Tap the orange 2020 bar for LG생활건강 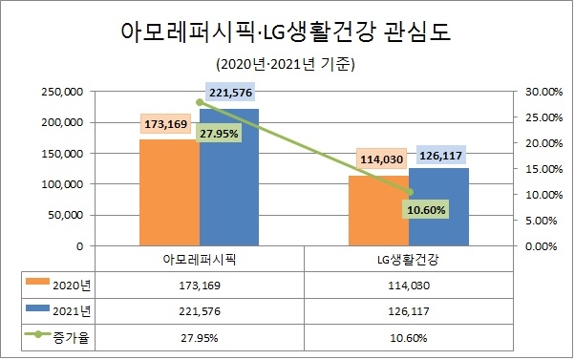pos(378,210)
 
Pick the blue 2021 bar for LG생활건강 pos(438,206)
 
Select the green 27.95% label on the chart pos(221,134)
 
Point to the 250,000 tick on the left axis pos(62,92)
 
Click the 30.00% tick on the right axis pos(540,92)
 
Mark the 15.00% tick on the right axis pos(540,169)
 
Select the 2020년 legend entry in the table pos(59,284)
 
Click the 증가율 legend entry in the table pos(59,337)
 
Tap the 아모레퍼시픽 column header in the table pos(200,260)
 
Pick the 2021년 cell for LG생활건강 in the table pos(409,310)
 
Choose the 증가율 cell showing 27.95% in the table pos(200,337)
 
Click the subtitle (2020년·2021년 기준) pos(286,64)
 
